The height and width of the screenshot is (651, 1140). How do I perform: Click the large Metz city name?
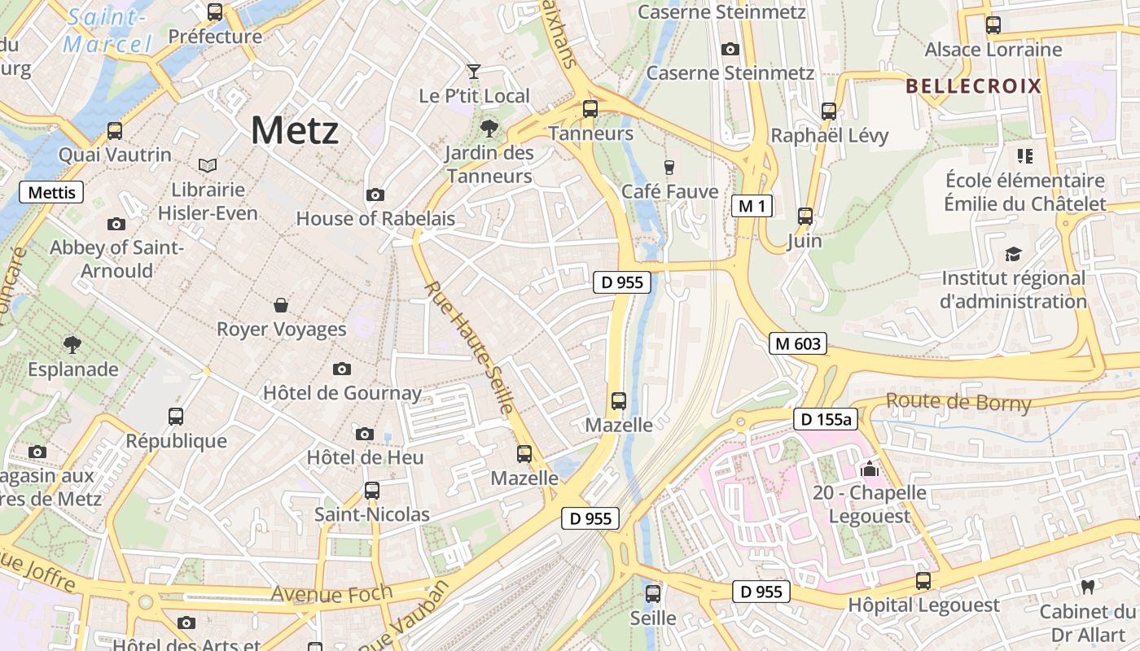294,130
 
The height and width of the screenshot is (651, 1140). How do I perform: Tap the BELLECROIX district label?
973,86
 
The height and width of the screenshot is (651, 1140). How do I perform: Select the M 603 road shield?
797,343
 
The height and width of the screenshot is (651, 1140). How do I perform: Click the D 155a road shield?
826,419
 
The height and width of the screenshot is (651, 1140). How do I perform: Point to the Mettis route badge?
51,192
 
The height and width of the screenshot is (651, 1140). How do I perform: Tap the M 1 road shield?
752,206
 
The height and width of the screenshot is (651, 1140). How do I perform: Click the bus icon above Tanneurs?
590,108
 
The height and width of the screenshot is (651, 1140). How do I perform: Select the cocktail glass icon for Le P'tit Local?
473,72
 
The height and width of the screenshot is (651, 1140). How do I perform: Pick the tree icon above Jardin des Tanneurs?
489,128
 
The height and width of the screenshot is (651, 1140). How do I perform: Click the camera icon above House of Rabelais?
375,194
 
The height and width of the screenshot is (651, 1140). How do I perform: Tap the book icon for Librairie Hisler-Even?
208,166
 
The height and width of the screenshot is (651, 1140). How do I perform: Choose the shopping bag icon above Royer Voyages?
281,305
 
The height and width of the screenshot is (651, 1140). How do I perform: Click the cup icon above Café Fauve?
669,168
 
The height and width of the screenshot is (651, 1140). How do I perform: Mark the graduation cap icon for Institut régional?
1013,255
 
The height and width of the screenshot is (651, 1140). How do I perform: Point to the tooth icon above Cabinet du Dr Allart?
1086,587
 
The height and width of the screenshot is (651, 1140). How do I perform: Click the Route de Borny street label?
958,402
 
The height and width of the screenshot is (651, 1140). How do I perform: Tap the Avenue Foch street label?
331,595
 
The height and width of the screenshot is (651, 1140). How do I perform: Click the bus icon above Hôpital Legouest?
923,581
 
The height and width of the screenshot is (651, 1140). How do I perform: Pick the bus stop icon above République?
176,417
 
